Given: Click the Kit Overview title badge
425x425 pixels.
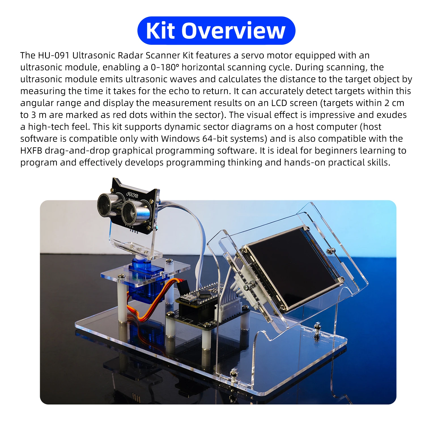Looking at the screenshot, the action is [x=216, y=31].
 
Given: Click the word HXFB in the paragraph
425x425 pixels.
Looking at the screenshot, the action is [x=31, y=150].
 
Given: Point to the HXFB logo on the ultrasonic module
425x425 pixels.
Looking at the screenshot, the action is [x=132, y=195].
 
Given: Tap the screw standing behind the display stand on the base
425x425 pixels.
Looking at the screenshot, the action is [x=317, y=330].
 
